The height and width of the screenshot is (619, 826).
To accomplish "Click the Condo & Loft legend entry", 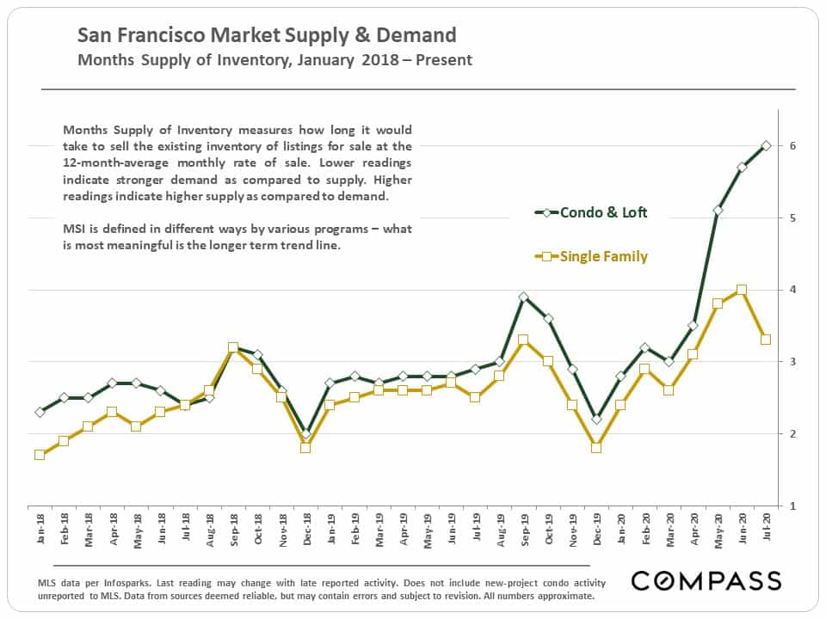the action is point(590,212).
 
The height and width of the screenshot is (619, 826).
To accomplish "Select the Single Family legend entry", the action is point(590,256).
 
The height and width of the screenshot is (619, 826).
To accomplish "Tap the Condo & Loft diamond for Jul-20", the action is point(766,146).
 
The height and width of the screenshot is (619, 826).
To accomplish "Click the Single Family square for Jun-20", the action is point(742,290).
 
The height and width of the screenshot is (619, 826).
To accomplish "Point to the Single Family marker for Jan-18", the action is point(40,454).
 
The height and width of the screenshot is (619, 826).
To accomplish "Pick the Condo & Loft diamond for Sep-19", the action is point(523,297).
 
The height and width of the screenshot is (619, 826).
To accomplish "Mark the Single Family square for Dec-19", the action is point(596,447).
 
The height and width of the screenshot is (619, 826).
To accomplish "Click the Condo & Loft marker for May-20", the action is point(718,211).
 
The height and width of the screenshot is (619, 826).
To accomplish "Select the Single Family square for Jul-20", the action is point(766,340).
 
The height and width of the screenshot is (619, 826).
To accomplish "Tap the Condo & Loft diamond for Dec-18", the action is point(306,434).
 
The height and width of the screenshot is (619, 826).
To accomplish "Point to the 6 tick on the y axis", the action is point(792,146).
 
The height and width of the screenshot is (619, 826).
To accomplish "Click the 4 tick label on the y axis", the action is point(792,290).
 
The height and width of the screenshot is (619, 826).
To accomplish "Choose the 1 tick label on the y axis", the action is point(792,506).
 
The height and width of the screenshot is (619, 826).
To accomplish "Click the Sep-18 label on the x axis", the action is point(234,530).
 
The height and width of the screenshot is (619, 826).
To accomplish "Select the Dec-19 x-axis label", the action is point(597,530).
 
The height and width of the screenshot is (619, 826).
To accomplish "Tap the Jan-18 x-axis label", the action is point(40,529).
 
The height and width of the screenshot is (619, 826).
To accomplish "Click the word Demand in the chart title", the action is point(416,35).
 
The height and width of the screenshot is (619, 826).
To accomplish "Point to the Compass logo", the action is point(706,580).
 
